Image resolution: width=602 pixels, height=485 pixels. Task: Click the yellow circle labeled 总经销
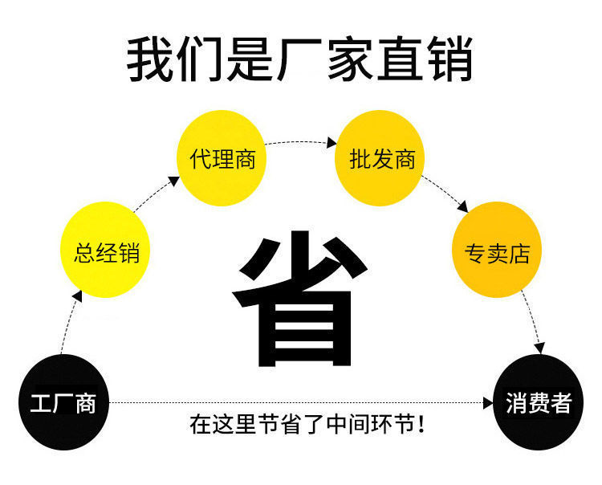106,251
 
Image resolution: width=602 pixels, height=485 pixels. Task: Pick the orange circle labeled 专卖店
498,251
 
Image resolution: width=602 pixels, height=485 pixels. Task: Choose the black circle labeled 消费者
538,401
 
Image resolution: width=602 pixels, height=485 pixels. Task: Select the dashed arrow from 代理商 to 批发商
301,143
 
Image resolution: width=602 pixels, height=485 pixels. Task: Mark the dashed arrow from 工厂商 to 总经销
68,325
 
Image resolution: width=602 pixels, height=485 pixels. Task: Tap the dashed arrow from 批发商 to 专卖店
445,193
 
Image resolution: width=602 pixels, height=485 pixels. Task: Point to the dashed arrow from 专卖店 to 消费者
532,321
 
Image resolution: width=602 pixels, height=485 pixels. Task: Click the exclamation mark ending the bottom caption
422,423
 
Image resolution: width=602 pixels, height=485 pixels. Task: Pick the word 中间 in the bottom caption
342,423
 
